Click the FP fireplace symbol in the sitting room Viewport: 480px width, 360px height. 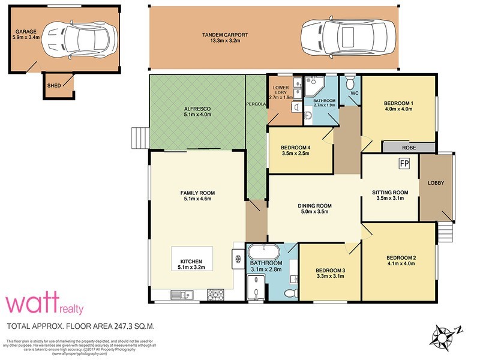[405, 162]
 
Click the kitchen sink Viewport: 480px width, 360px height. [179, 294]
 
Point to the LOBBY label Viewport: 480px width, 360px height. [436, 182]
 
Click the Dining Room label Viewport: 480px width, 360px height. [315, 206]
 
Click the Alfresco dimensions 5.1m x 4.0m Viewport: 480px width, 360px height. [198, 114]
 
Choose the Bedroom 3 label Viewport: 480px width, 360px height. [329, 270]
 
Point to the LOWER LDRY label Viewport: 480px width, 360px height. [281, 89]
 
